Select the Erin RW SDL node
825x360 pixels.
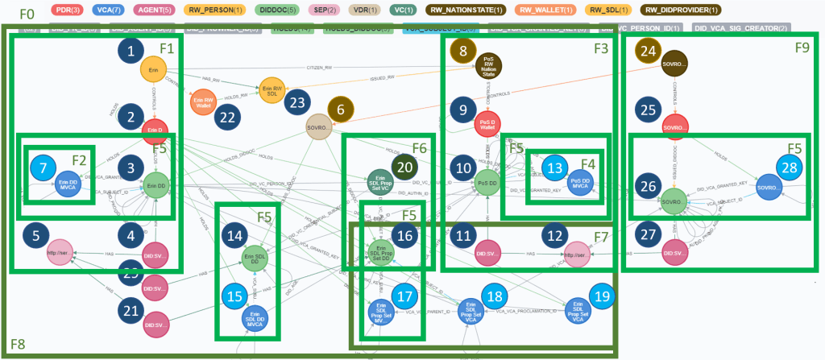click(272, 88)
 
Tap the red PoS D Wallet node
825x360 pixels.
click(489, 123)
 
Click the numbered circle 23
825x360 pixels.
click(298, 103)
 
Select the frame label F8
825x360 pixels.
click(16, 342)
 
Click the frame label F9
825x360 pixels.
click(802, 48)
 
